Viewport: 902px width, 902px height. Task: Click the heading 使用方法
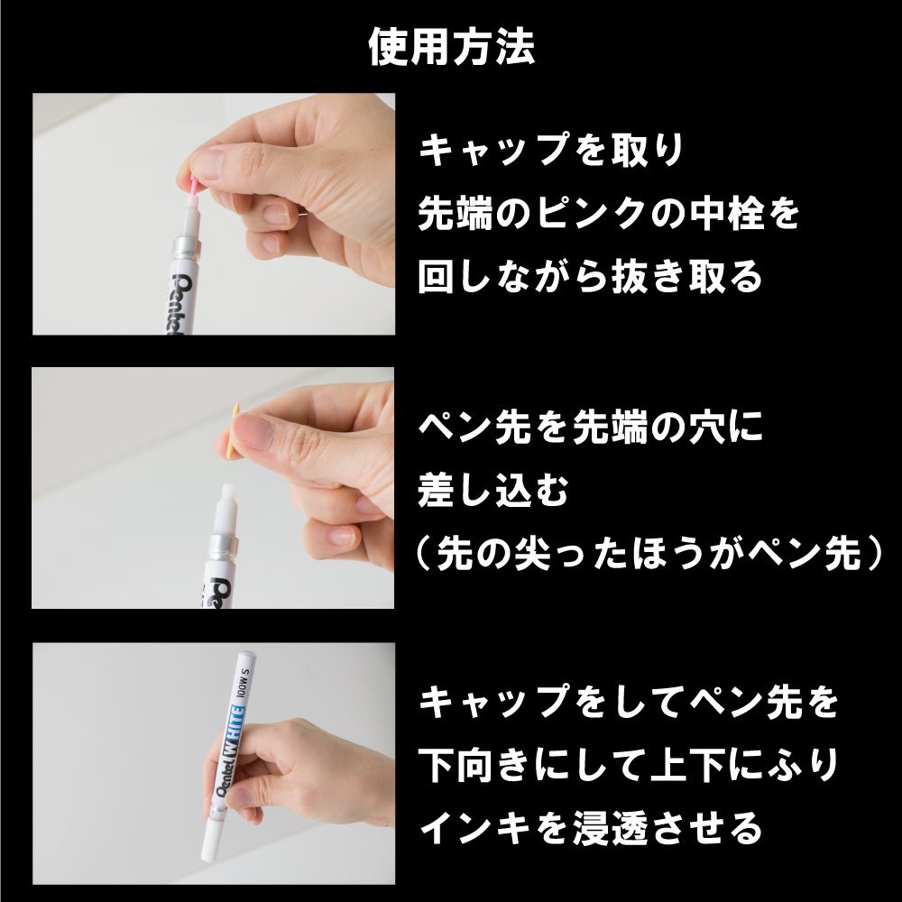point(452,46)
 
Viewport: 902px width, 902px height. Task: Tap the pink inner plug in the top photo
point(193,187)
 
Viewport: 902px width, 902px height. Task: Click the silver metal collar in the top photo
point(185,248)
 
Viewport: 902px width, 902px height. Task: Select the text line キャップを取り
point(550,150)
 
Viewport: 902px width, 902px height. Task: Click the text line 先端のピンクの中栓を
point(609,213)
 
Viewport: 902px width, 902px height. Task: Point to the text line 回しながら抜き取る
point(590,276)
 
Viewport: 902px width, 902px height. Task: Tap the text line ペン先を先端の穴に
point(590,428)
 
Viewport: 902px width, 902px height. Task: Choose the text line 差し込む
point(493,490)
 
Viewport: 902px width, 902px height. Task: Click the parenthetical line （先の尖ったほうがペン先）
point(649,554)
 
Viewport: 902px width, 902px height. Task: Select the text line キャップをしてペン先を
point(629,702)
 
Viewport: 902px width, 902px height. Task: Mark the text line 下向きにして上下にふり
point(629,765)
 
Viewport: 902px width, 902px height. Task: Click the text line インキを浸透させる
point(590,828)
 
